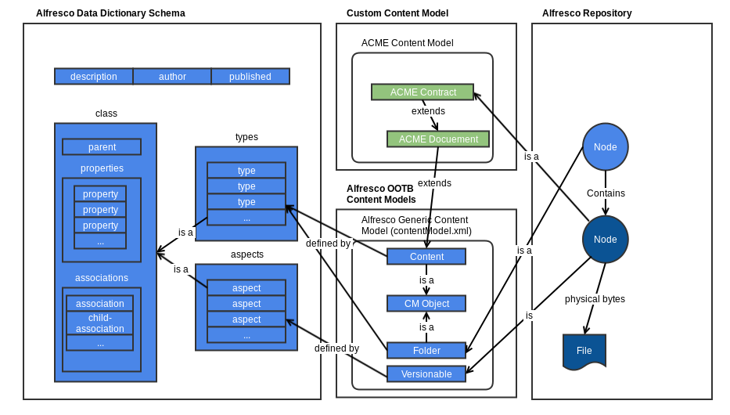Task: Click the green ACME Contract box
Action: pos(423,92)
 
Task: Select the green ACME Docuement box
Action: pos(438,139)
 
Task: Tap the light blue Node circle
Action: pos(605,147)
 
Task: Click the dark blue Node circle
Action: pos(605,240)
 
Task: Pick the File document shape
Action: pos(584,351)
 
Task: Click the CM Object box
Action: pos(426,304)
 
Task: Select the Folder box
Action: pos(426,351)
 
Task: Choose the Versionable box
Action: pos(426,374)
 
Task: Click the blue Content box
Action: pos(426,257)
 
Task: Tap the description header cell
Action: pos(94,77)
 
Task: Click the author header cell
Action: pos(172,77)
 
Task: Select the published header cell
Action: pos(250,77)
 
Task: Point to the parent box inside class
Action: pos(102,147)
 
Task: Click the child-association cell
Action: pos(100,323)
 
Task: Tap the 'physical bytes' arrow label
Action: pos(595,298)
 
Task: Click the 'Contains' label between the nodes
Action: pos(606,193)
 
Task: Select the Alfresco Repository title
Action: pos(587,13)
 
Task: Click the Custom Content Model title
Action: pos(397,13)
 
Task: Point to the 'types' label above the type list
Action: pos(246,137)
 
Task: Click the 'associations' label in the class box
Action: pos(102,278)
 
